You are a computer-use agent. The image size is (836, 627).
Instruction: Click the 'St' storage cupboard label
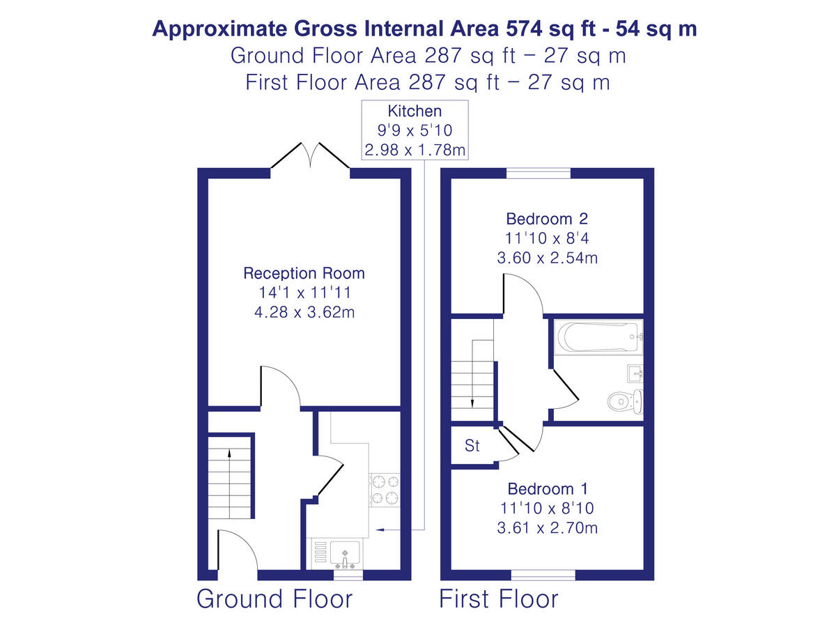(472, 446)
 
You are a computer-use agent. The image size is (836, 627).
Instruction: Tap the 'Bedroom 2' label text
(547, 219)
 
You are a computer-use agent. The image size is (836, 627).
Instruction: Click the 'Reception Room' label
(304, 273)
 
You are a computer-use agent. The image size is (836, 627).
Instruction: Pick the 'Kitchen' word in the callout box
(415, 111)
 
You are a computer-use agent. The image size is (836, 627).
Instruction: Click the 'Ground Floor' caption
(274, 598)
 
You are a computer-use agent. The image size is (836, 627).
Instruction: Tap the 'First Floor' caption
(498, 598)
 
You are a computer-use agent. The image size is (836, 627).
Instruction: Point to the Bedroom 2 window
(538, 173)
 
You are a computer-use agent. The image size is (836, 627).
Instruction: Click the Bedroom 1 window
(543, 575)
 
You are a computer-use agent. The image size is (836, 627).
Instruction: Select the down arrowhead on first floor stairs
(472, 405)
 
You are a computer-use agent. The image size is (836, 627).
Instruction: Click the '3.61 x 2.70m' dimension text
(547, 528)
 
